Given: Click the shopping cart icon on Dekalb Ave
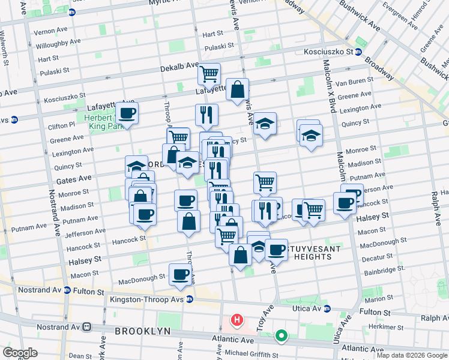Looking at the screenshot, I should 209,75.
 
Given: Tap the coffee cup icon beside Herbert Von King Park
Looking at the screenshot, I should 127,112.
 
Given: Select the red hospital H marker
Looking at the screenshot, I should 237,320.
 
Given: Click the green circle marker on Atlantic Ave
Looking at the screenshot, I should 280,337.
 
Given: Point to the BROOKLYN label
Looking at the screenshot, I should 142,331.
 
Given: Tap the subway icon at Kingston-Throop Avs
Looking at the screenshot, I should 190,299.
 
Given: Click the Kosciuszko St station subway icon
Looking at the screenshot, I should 358,52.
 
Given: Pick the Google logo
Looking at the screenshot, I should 20,353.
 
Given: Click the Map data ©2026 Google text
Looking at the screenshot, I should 411,355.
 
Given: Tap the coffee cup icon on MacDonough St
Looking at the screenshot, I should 180,274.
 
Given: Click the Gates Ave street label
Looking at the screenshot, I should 74,178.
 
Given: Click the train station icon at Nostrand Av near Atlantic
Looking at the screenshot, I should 87,327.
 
